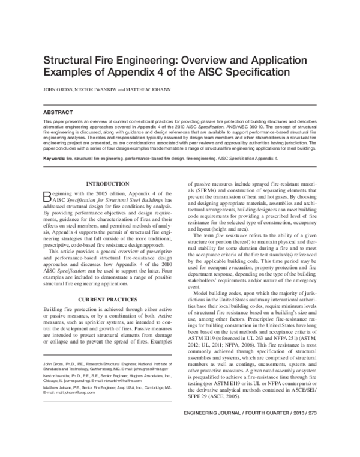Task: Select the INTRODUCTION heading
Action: coord(107,183)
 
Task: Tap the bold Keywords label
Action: coord(55,158)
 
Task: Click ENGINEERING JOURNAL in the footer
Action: coord(212,431)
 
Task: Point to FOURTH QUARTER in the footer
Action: coord(265,431)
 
